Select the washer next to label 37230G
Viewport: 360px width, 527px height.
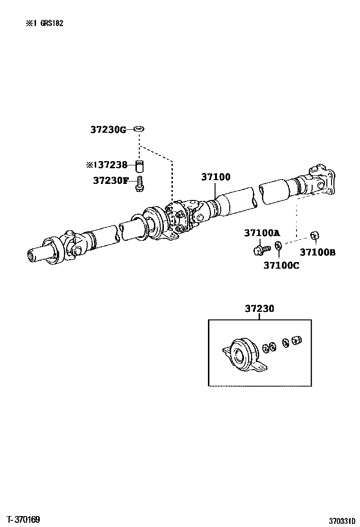(139, 128)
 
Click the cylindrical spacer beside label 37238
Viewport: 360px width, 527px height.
(139, 166)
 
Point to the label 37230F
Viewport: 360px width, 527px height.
(111, 180)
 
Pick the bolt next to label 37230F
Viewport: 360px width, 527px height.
(139, 183)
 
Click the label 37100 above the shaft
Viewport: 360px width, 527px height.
(216, 177)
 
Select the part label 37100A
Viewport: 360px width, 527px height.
(262, 233)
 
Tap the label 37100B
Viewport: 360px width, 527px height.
(317, 252)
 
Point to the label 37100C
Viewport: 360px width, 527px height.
(281, 265)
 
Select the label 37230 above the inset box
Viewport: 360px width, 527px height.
(259, 309)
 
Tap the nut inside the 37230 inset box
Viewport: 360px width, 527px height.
(296, 340)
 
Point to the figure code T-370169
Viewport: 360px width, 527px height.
(23, 519)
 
